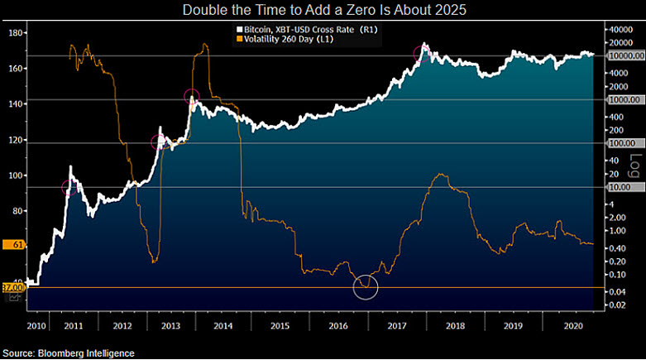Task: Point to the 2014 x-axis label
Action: click(x=224, y=327)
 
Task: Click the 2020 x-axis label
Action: click(x=572, y=327)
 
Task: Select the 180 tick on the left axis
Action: click(x=14, y=33)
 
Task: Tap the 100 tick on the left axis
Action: click(x=14, y=175)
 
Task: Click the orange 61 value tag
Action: click(x=15, y=244)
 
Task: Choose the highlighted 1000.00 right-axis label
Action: click(x=622, y=99)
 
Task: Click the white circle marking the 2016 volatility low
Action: click(x=366, y=286)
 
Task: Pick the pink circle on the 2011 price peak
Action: click(x=70, y=187)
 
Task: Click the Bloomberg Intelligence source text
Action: click(x=68, y=353)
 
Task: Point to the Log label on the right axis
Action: click(x=635, y=166)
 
